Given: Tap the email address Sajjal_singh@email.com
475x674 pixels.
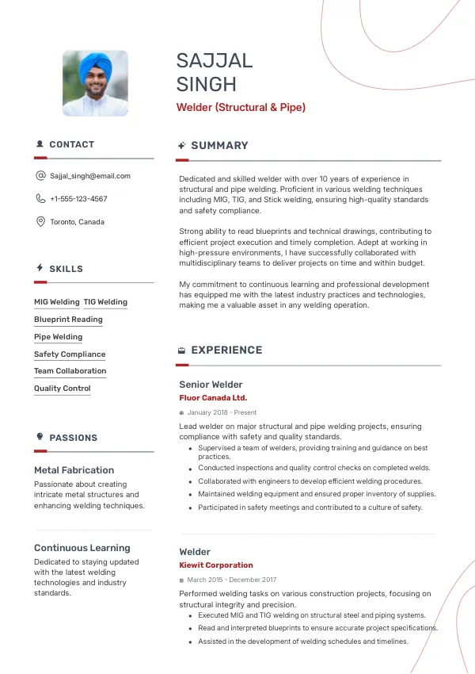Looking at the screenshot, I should tap(90, 176).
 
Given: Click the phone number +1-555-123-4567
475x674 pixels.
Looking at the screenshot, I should tap(78, 199).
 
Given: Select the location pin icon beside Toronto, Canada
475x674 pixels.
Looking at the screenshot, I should tap(40, 222).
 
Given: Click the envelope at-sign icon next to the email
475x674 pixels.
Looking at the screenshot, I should tap(40, 176).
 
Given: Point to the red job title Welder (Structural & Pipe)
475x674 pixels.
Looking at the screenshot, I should tap(241, 107).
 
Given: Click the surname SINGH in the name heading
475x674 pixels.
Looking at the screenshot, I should tap(207, 84).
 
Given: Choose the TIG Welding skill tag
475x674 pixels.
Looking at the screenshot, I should tap(105, 302).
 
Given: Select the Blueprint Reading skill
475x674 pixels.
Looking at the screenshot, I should tap(68, 320).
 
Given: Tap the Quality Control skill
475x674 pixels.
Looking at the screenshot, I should tap(63, 389).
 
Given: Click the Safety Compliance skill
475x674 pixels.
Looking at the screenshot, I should tap(70, 354).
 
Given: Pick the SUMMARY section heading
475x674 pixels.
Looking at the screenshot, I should tap(219, 146).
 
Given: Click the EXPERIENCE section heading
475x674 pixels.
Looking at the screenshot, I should tap(226, 350).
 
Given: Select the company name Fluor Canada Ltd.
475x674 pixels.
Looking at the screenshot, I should tap(213, 398).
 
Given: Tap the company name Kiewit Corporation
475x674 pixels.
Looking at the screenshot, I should tap(216, 565).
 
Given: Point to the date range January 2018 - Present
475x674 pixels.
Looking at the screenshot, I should tap(222, 413).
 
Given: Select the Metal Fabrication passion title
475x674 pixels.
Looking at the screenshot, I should tap(74, 470).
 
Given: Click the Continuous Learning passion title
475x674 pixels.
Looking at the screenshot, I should tap(82, 548).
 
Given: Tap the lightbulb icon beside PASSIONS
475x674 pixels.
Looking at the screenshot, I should tap(40, 437).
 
